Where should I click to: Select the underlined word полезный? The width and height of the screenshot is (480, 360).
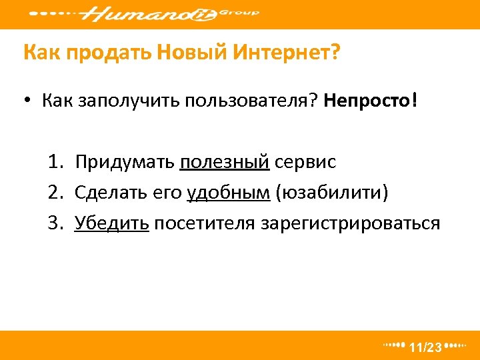[x=224, y=162]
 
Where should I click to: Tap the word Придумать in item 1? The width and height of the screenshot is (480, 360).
[x=125, y=162]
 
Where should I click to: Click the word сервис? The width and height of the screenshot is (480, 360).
[x=305, y=162]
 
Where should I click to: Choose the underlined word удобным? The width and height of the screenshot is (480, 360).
[x=229, y=193]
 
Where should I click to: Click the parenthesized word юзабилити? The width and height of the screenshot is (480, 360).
[x=331, y=193]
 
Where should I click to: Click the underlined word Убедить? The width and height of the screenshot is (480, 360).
[x=111, y=223]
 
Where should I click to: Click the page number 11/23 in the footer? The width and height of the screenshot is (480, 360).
[x=425, y=347]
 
